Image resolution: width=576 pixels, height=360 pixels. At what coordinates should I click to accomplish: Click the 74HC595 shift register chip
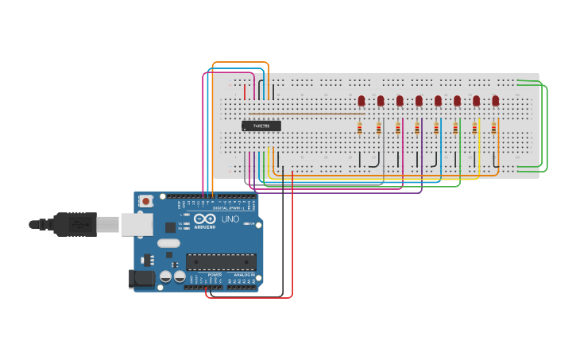coord(261,126)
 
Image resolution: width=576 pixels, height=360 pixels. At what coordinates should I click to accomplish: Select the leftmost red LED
coord(361,100)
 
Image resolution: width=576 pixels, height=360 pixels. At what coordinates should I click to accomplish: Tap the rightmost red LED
coord(495,100)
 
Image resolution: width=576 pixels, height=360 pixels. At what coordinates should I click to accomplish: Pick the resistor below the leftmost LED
coord(360,128)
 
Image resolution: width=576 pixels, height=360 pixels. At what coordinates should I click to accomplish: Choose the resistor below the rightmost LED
coord(493,128)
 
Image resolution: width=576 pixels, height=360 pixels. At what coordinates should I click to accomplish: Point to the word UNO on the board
coord(230,219)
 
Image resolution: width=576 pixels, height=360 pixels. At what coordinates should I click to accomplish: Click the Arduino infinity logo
coord(204,219)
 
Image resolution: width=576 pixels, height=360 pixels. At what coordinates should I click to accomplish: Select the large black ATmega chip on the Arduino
coord(221,261)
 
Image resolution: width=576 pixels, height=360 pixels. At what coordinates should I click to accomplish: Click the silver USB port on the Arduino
coord(136,225)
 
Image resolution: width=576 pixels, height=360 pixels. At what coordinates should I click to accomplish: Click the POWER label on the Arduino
coord(215,274)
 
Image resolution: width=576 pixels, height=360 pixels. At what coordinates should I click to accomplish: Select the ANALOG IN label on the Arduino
coord(244,274)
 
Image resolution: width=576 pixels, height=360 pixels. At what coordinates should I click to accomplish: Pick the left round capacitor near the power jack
coord(166,277)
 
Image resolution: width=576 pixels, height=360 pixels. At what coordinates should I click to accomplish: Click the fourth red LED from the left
coord(419,100)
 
